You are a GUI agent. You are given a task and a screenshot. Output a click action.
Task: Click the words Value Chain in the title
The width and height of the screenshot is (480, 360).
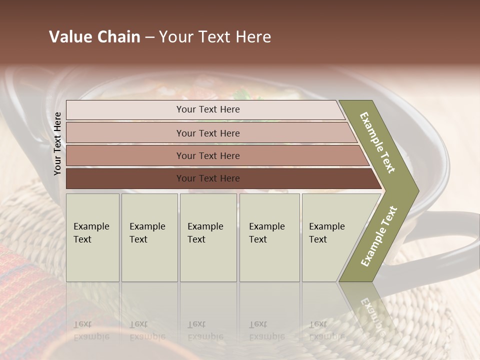point(94,37)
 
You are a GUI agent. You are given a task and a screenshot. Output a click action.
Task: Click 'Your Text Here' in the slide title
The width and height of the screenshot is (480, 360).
point(215,37)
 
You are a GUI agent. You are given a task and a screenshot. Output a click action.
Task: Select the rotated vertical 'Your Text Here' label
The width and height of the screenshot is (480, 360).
point(57,143)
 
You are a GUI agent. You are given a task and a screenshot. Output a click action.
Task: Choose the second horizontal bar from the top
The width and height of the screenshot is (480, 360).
point(208,133)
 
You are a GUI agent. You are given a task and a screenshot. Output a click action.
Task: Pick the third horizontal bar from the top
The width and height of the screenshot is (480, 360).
point(208,156)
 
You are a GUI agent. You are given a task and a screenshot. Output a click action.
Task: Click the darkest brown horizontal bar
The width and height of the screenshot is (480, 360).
point(208,178)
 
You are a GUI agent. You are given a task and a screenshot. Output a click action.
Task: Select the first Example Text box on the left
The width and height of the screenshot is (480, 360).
point(92,237)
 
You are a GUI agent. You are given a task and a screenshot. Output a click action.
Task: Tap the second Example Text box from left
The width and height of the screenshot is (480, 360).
point(149,237)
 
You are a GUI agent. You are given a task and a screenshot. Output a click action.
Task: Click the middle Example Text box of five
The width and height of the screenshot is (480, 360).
point(208,237)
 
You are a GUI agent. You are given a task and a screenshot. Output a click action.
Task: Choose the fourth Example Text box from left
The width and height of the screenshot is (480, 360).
point(269,237)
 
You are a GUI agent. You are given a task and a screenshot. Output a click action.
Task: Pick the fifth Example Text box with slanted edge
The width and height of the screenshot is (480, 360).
point(330,237)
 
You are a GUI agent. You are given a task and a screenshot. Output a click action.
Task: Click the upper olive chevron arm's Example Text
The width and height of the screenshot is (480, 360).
point(377,142)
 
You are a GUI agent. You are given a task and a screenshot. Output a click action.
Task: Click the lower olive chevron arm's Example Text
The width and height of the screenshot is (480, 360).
point(379,236)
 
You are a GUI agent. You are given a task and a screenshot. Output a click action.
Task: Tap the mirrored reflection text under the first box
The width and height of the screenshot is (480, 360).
point(91,330)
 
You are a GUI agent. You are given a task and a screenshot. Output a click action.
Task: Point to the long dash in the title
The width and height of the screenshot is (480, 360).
point(149,37)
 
